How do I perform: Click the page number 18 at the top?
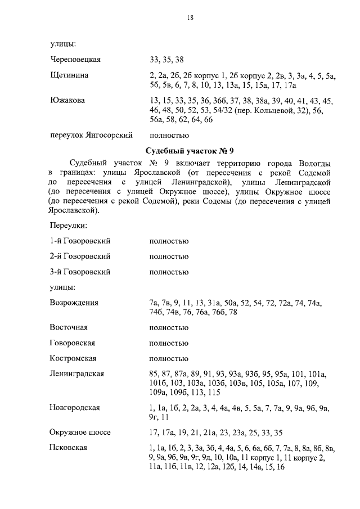coord(190,18)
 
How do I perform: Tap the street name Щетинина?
coord(69,75)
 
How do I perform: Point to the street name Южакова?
coord(67,101)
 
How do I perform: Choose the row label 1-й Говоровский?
coord(80,241)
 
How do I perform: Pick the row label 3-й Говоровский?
coord(80,272)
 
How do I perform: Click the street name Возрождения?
coord(74,303)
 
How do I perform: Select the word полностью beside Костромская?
coord(169,358)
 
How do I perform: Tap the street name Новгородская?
coord(75,408)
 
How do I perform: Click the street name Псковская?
coord(68,448)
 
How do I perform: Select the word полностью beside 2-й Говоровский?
coord(169,256)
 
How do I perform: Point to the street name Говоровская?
coord(72,343)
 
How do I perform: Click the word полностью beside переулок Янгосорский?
coord(170,135)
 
